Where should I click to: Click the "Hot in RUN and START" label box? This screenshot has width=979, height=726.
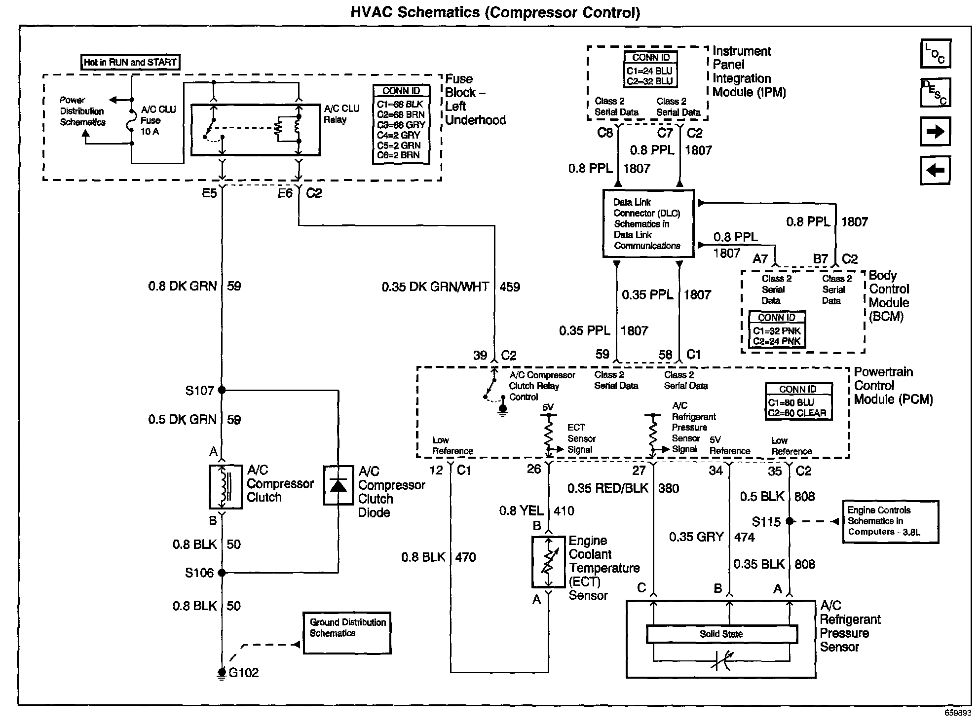click(130, 62)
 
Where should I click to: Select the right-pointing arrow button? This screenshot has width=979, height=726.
click(935, 131)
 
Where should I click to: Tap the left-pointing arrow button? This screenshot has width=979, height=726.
click(935, 170)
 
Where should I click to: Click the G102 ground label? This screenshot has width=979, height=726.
click(244, 673)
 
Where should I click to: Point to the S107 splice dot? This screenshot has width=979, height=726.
click(222, 390)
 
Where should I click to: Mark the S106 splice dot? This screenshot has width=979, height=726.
click(222, 573)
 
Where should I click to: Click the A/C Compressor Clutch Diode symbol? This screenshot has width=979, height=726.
click(339, 485)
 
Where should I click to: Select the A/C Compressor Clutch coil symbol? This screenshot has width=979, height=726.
click(226, 486)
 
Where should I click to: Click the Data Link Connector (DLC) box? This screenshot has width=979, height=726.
click(648, 223)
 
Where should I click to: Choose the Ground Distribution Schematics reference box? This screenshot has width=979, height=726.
click(347, 633)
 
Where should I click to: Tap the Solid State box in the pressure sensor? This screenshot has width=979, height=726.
click(721, 634)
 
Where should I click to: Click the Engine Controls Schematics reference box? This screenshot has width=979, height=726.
click(890, 522)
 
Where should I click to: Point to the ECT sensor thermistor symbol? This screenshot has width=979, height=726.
click(548, 562)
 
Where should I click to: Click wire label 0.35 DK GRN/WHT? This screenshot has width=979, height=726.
click(435, 287)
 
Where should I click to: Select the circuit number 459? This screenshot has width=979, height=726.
click(510, 287)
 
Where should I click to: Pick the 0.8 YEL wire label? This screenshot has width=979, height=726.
click(521, 511)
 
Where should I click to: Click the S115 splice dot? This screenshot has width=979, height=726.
click(790, 521)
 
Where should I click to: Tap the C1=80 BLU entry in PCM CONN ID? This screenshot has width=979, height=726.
click(791, 402)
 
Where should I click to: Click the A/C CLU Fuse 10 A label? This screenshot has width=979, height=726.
click(158, 120)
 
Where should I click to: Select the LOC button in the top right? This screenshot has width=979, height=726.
click(936, 53)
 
